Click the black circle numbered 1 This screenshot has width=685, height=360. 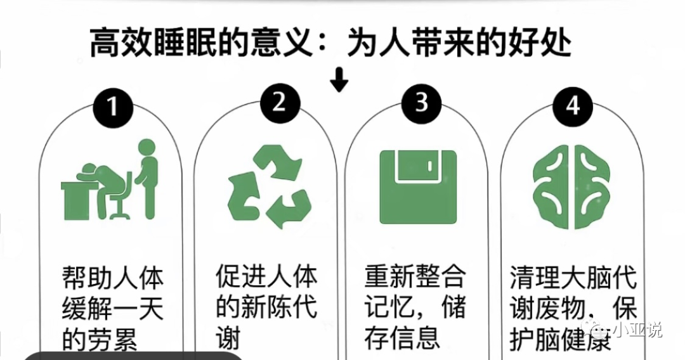click(x=114, y=106)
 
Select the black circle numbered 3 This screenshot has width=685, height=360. click(x=422, y=102)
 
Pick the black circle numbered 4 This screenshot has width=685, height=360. click(x=573, y=106)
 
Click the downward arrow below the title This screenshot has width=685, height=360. click(x=340, y=80)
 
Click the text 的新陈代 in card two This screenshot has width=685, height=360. click(x=266, y=307)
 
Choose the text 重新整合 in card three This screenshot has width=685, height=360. click(x=415, y=277)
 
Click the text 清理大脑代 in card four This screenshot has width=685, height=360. click(x=573, y=278)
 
